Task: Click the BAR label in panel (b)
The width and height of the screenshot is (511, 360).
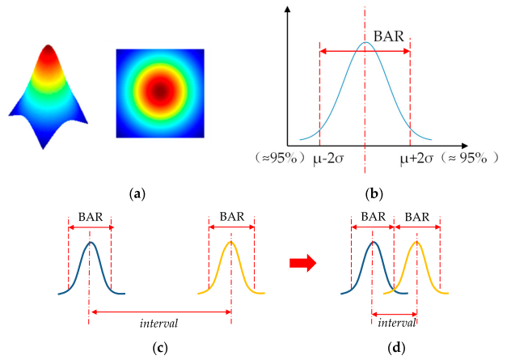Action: click(x=388, y=38)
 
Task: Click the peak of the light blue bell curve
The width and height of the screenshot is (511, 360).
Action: click(x=365, y=43)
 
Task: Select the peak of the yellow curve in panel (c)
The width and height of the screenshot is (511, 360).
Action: click(x=231, y=243)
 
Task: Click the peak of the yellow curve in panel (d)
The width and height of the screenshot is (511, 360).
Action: click(x=417, y=243)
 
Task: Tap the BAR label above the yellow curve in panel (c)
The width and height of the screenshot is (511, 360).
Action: click(x=230, y=217)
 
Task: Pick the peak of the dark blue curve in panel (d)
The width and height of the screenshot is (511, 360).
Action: click(x=373, y=243)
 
